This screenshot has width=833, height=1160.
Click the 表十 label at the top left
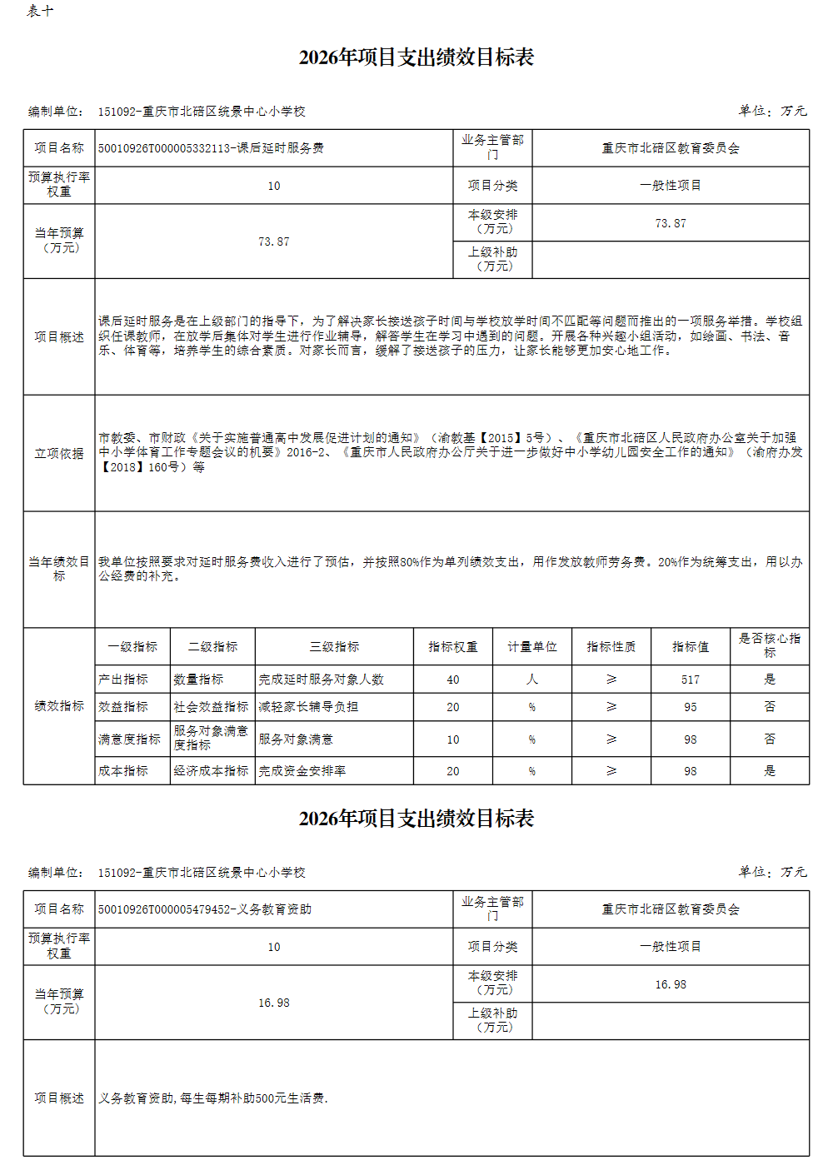[x=40, y=11]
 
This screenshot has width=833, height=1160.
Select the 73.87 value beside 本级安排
[x=671, y=223]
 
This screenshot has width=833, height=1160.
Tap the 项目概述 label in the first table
[x=59, y=336]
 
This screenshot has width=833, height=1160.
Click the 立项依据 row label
[x=59, y=453]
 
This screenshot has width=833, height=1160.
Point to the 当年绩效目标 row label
[x=59, y=569]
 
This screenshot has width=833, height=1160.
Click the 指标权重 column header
[x=452, y=646]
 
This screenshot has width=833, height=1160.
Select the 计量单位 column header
[x=532, y=646]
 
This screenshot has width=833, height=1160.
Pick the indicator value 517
[x=691, y=680]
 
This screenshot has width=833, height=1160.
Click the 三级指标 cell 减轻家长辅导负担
[x=308, y=707]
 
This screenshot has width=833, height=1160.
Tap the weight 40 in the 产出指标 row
[x=452, y=680]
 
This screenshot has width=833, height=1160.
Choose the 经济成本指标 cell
[x=211, y=771]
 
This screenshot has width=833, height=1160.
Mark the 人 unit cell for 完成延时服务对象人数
[x=532, y=680]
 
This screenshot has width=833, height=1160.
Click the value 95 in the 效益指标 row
[x=691, y=707]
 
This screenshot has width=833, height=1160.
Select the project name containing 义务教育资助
[x=205, y=909]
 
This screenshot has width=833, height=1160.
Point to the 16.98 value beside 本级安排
[x=671, y=984]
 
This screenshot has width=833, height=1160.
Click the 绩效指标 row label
[x=59, y=706]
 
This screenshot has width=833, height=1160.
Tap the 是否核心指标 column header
[x=770, y=645]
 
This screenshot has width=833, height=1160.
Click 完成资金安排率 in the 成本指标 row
[x=302, y=771]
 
